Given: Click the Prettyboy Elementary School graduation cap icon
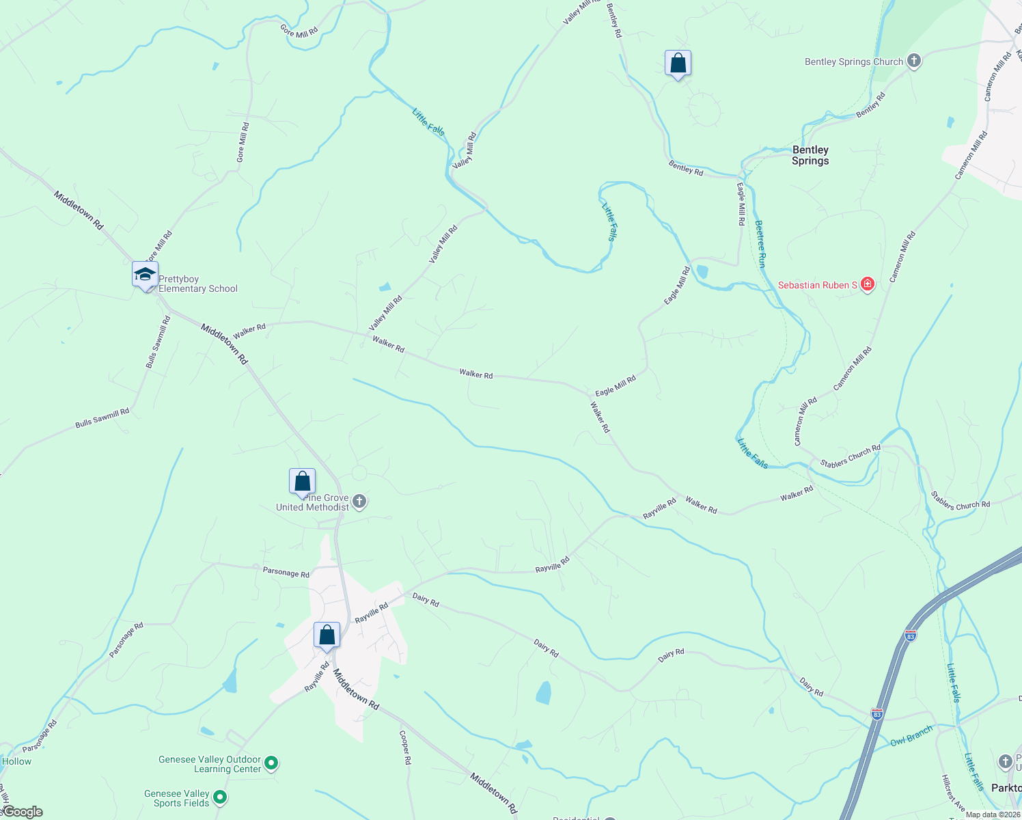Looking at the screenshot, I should click(x=145, y=275).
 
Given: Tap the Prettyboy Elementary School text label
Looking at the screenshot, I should click(x=198, y=284).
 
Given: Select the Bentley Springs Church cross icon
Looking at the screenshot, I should click(x=914, y=61).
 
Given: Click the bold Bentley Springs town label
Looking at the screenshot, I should click(x=810, y=155).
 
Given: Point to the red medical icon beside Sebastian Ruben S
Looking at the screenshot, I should click(x=868, y=284).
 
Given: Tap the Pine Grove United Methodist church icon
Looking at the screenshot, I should click(x=359, y=502).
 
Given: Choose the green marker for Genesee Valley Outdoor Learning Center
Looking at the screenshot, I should click(x=271, y=763).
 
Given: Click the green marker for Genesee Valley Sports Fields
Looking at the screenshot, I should click(x=220, y=797).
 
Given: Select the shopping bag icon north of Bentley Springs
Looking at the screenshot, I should click(x=678, y=64).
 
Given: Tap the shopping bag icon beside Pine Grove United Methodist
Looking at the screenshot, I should click(x=302, y=482).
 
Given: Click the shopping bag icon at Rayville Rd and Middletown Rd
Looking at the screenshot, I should click(x=327, y=635).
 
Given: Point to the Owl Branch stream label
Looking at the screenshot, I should click(x=911, y=737).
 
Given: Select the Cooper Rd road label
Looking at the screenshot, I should click(x=405, y=748).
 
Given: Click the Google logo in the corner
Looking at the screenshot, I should click(x=22, y=812).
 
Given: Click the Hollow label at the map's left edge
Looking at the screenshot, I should click(x=16, y=761).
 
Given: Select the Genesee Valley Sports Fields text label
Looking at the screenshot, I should click(x=177, y=798).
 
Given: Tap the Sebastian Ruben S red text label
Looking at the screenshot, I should click(x=818, y=285).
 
